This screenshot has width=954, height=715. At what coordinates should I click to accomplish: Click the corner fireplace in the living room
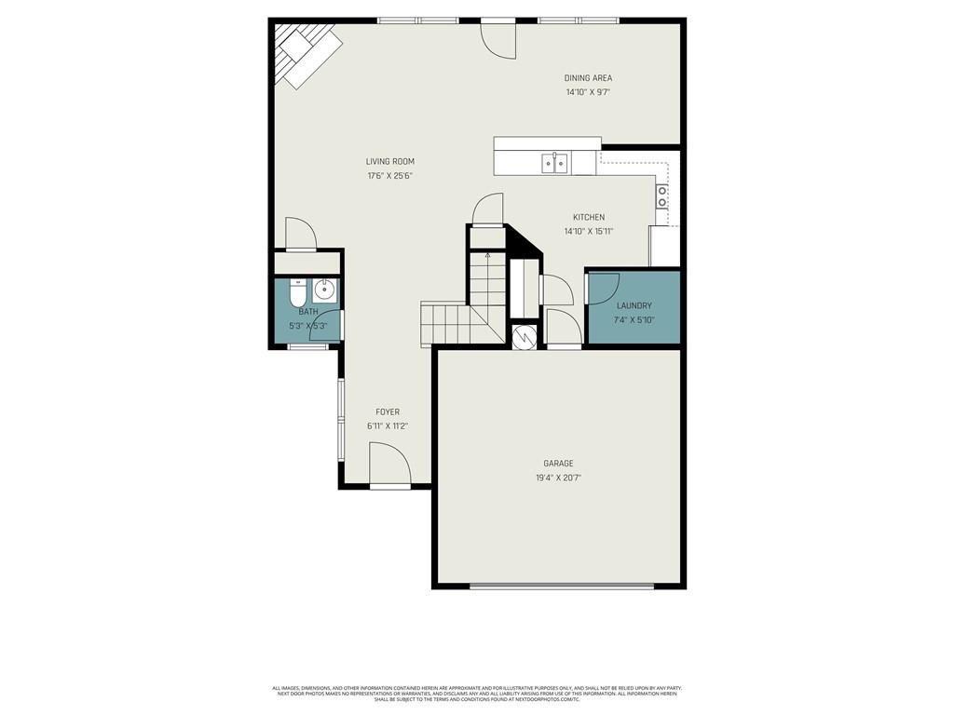305,53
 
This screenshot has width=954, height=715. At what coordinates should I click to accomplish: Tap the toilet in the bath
297,295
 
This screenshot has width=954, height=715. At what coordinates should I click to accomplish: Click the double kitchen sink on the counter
555,164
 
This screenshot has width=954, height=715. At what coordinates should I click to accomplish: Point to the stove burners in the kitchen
662,196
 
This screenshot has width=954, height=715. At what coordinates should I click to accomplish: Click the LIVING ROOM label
389,162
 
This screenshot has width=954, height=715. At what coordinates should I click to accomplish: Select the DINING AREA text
588,78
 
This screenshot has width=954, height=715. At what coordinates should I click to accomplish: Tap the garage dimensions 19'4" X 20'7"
559,478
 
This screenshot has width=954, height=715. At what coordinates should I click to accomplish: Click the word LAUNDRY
634,305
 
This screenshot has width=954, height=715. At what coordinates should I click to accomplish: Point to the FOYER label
388,411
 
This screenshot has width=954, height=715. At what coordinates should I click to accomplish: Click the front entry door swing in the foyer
388,465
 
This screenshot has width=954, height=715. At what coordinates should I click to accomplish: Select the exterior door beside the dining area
498,39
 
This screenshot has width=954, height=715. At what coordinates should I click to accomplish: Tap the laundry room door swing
604,288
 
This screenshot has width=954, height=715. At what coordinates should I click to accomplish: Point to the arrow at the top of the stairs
487,254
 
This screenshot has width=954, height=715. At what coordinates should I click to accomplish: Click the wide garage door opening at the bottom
562,587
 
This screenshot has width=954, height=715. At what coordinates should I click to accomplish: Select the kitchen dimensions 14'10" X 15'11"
588,232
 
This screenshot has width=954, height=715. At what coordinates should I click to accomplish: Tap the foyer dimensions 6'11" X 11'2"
388,425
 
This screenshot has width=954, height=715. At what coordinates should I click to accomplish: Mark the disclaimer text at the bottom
476,694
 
